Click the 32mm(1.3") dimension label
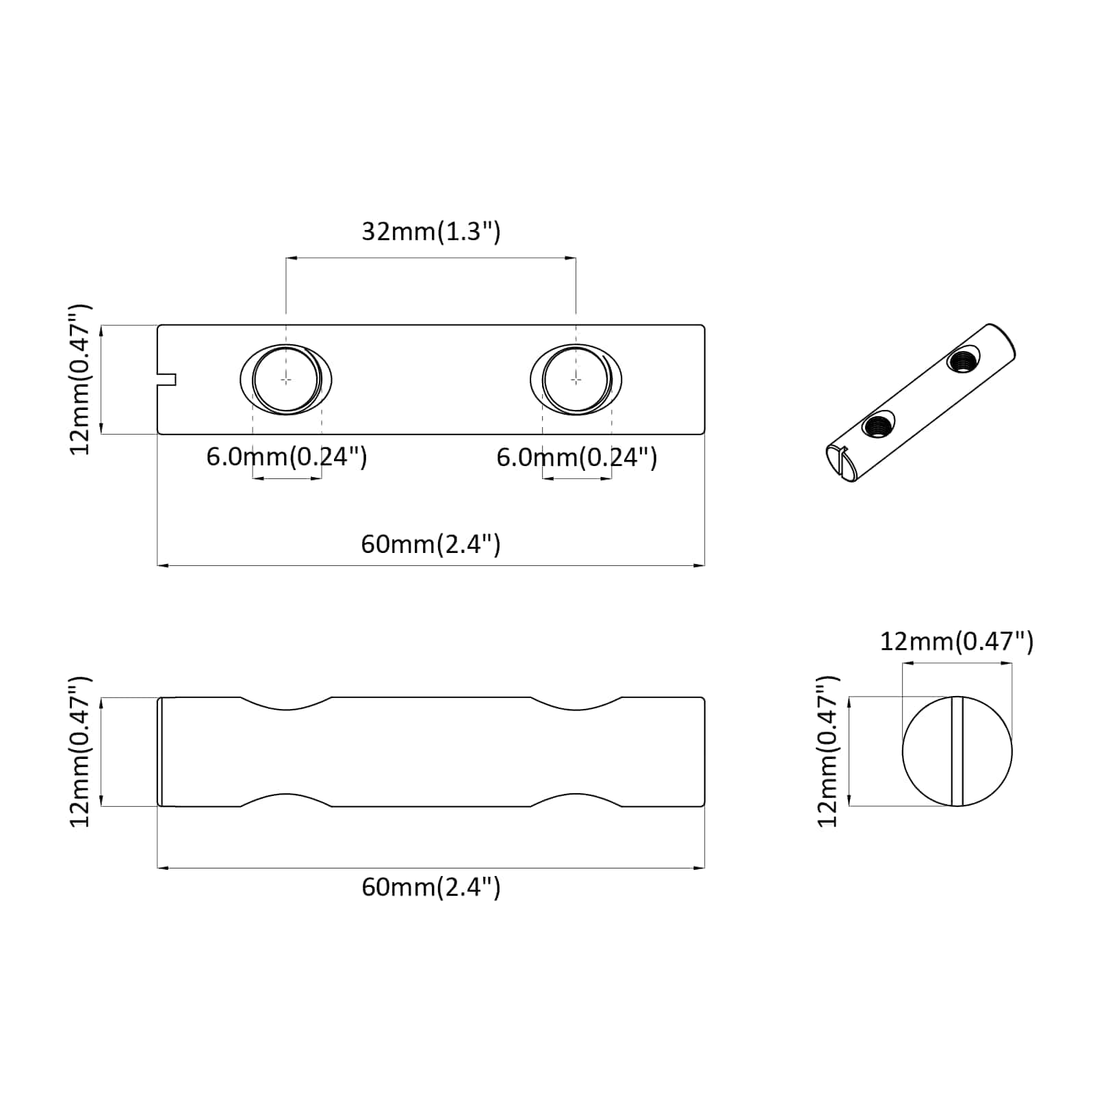tap(431, 232)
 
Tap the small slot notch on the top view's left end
tap(167, 379)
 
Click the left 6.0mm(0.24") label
tap(287, 456)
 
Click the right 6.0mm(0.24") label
tap(577, 456)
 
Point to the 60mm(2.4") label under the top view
tap(431, 544)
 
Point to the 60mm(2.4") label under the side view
tap(431, 887)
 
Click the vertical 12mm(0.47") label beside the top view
tap(81, 379)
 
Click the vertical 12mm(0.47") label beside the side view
tap(81, 751)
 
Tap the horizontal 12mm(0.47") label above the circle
tap(956, 641)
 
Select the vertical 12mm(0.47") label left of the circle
tap(828, 751)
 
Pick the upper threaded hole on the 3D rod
tap(963, 359)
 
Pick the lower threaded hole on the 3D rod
tap(878, 426)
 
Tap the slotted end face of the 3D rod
tap(838, 463)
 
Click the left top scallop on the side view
tap(286, 705)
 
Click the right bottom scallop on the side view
tap(576, 799)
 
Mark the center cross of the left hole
tap(286, 378)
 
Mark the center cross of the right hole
tap(576, 378)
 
